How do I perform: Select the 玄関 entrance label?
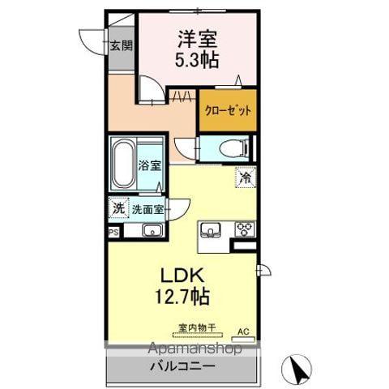(x=120, y=46)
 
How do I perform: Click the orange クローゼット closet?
(x=229, y=111)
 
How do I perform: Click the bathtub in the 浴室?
(x=124, y=165)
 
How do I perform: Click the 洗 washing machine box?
(x=118, y=208)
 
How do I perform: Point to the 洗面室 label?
(x=148, y=209)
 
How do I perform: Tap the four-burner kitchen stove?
(x=242, y=229)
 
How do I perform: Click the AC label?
(x=243, y=331)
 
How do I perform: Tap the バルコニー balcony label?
(x=182, y=366)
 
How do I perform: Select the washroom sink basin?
(x=152, y=230)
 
